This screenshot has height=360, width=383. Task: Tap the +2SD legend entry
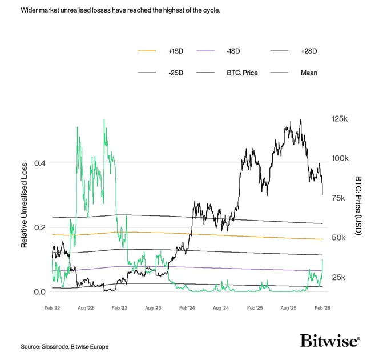click(308, 51)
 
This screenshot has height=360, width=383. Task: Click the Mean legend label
click(308, 73)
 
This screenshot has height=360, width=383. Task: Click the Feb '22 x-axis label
click(53, 308)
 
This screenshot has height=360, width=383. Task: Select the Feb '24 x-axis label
click(188, 308)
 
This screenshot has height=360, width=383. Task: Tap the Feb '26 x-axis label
click(322, 308)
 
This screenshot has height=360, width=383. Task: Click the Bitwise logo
click(330, 341)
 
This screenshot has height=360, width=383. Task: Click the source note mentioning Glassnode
click(64, 347)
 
